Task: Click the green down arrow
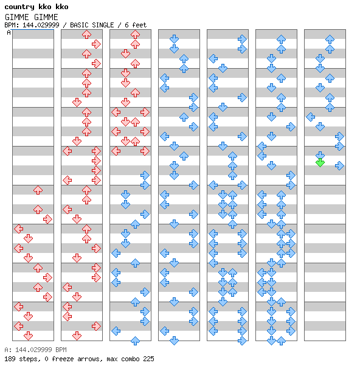click(320, 163)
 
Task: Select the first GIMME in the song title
click(16, 17)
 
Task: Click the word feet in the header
click(139, 25)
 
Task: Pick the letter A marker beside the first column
click(9, 32)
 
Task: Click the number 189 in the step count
click(10, 359)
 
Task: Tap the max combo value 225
click(148, 359)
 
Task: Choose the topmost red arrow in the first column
click(38, 190)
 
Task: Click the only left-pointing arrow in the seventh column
click(311, 117)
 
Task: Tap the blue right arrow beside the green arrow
click(339, 165)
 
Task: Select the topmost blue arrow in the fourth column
click(174, 39)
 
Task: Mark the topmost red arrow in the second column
click(86, 35)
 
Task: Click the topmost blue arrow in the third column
click(145, 175)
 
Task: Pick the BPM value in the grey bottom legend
click(41, 350)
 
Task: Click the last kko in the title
click(62, 7)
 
